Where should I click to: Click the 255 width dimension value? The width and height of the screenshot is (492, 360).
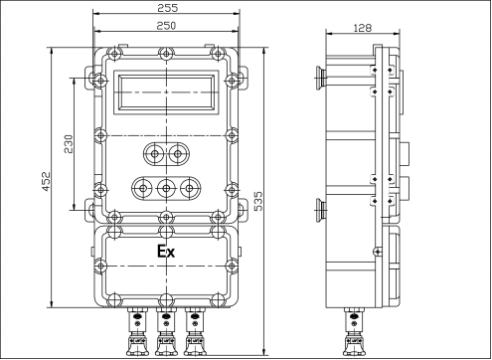pos(168,8)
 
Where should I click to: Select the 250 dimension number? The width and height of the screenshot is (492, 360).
pos(166,26)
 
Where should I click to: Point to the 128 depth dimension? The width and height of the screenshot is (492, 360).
pos(363,28)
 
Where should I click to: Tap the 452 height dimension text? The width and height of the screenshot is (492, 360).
pos(46,181)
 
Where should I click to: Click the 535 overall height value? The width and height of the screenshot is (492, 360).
pos(257,201)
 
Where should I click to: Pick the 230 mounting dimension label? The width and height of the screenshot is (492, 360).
pos(69,144)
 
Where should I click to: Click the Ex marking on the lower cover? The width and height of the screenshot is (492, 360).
pos(166,252)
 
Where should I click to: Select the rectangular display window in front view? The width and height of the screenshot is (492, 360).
pos(166,92)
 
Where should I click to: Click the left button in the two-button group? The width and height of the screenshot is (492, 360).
pos(154,154)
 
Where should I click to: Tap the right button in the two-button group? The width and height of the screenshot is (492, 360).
pos(178,154)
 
